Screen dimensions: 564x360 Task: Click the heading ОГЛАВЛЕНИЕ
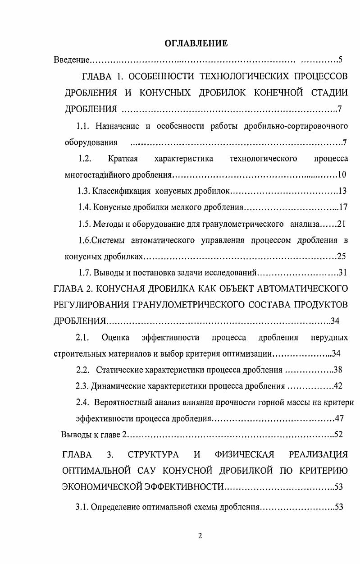pyautogui.click(x=196, y=43)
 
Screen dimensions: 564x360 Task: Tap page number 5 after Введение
pyautogui.click(x=341, y=60)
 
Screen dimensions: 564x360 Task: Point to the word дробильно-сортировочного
pyautogui.click(x=296, y=126)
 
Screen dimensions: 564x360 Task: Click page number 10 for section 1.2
pyautogui.click(x=342, y=175)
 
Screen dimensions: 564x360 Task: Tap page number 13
pyautogui.click(x=342, y=191)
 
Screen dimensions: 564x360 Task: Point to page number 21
pyautogui.click(x=341, y=224)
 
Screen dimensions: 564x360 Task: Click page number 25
pyautogui.click(x=341, y=257)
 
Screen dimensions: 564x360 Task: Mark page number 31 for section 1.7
pyautogui.click(x=342, y=273)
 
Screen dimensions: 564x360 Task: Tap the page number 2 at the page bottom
pyautogui.click(x=200, y=536)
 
